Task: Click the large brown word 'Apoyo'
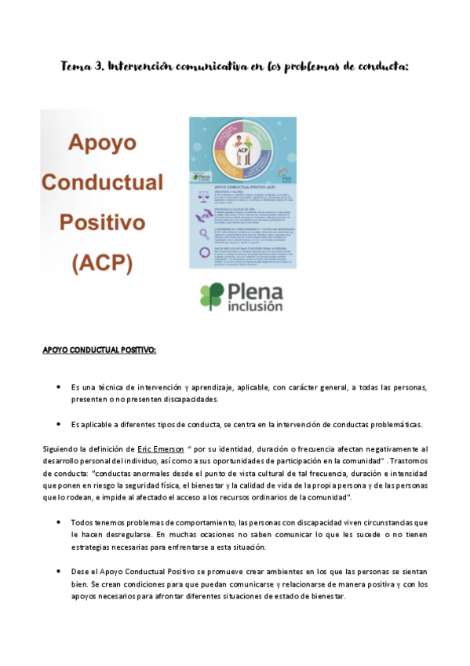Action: click(102, 143)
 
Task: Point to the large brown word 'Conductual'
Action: click(102, 182)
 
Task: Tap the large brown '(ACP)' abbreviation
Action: click(102, 262)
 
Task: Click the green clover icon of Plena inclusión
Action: click(213, 296)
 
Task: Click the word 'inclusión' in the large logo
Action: click(255, 307)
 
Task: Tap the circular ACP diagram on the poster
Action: click(242, 150)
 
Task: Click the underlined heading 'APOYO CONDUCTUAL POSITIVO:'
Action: click(99, 350)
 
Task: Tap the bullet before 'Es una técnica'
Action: click(59, 387)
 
